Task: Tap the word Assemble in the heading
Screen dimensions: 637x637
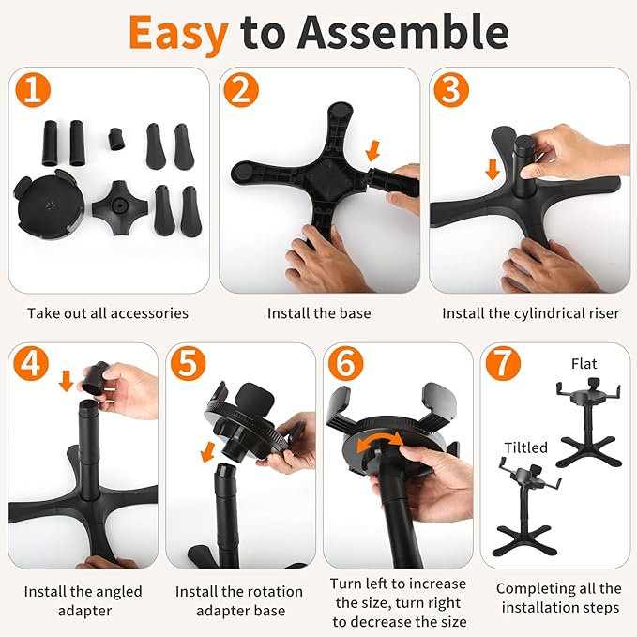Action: (x=403, y=32)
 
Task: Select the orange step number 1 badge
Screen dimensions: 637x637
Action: (x=33, y=90)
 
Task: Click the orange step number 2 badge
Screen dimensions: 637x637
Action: (x=241, y=90)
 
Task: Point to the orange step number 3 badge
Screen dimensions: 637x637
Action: (x=451, y=90)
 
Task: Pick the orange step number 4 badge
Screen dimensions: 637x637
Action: (x=30, y=363)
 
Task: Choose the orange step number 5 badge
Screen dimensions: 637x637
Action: (x=188, y=363)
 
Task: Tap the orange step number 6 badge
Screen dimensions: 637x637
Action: (x=346, y=363)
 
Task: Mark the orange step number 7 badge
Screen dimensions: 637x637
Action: (x=503, y=363)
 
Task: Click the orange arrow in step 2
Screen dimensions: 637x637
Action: (x=372, y=151)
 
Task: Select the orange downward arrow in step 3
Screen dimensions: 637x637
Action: (x=493, y=170)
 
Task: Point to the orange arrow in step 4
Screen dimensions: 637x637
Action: (x=66, y=381)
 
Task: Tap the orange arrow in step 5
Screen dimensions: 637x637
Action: (x=208, y=452)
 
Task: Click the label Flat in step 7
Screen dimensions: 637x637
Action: (x=584, y=364)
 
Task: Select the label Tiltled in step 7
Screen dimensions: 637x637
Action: (x=526, y=447)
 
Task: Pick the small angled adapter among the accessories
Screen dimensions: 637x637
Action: (x=116, y=139)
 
